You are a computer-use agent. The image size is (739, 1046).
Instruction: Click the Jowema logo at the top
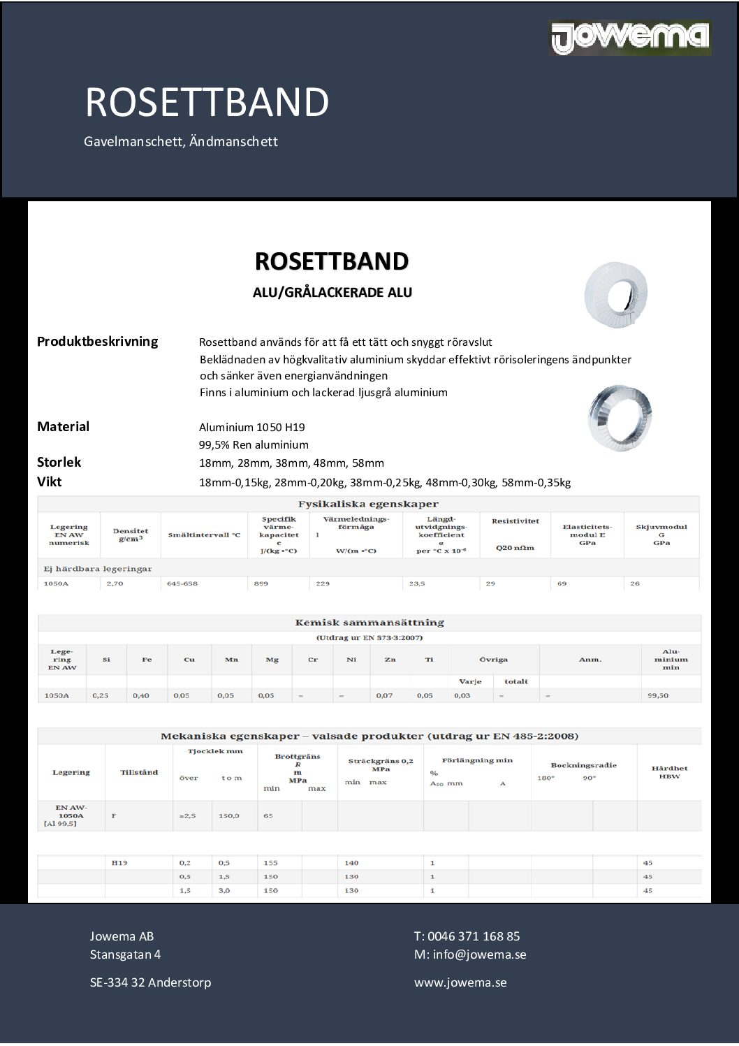(x=631, y=38)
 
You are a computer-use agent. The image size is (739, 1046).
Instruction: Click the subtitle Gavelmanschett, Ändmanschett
(x=181, y=142)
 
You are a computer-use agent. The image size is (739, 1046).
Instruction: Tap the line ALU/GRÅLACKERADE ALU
(x=332, y=293)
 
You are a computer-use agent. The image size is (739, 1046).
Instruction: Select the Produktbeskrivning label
(x=97, y=342)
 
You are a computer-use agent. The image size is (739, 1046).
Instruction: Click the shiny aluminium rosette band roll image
(x=620, y=418)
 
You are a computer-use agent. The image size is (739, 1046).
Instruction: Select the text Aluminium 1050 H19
(x=251, y=428)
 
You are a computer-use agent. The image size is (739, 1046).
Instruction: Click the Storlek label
(x=59, y=463)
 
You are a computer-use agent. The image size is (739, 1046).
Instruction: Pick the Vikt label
(x=49, y=482)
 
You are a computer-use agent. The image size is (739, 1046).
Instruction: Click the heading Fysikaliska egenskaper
(x=368, y=504)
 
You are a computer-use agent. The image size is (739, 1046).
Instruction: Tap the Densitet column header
(x=131, y=535)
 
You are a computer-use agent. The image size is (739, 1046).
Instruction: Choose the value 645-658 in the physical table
(x=182, y=583)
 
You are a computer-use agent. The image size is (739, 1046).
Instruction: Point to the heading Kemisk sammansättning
(x=369, y=623)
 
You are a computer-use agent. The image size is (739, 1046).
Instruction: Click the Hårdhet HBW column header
(x=669, y=772)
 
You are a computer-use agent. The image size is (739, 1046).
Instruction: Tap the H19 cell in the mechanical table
(x=119, y=863)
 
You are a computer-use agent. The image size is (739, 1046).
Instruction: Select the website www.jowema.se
(x=460, y=983)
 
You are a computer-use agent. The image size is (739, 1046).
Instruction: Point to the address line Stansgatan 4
(x=125, y=955)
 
